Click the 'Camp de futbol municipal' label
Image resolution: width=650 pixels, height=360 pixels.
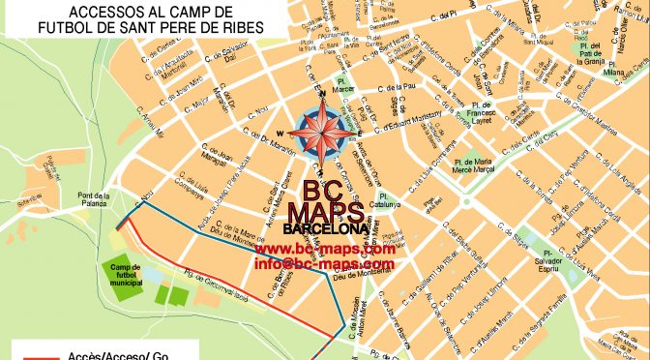126,275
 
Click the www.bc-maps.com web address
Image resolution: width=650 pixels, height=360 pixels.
325,249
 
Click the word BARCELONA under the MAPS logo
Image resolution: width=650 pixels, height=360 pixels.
325,229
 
